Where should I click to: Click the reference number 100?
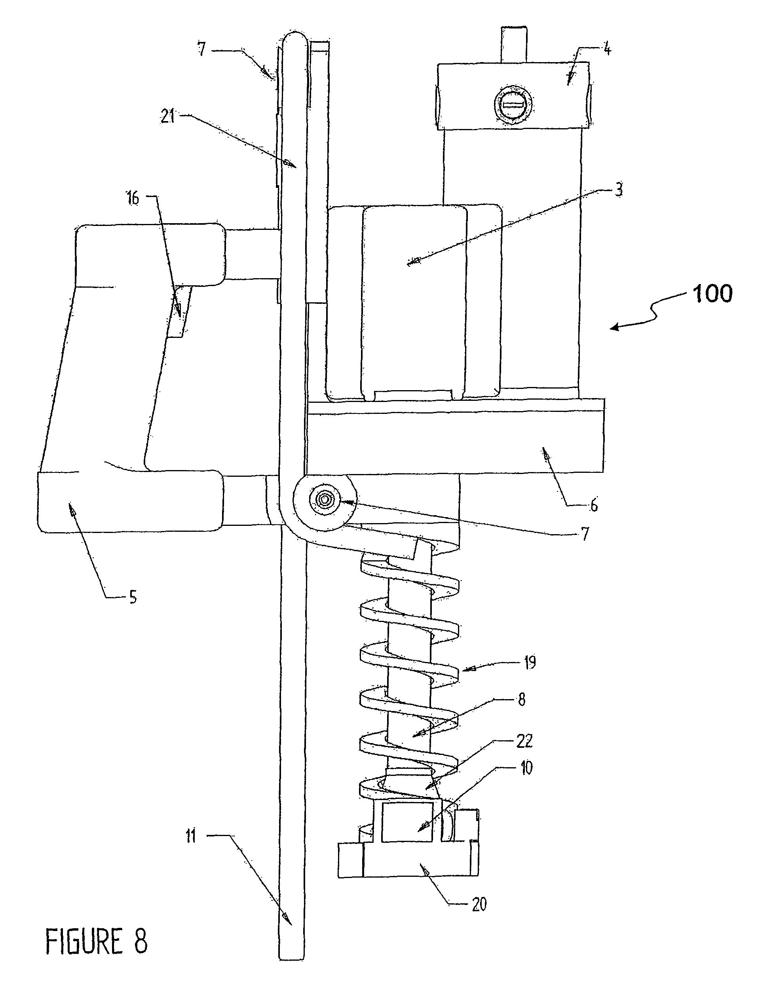pyautogui.click(x=712, y=294)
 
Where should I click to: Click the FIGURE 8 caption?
pyautogui.click(x=96, y=941)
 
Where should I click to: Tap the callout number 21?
pyautogui.click(x=168, y=117)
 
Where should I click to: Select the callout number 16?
pyautogui.click(x=133, y=198)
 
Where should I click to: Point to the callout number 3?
pyautogui.click(x=619, y=189)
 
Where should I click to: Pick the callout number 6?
pyautogui.click(x=594, y=504)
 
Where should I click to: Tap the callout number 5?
pyautogui.click(x=133, y=597)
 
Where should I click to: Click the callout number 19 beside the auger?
pyautogui.click(x=530, y=662)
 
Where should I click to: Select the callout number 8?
pyautogui.click(x=521, y=700)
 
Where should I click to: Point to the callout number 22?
pyautogui.click(x=524, y=741)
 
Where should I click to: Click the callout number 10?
pyautogui.click(x=526, y=768)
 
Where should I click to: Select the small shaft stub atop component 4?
pyautogui.click(x=515, y=44)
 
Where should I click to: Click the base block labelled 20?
pyautogui.click(x=408, y=860)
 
